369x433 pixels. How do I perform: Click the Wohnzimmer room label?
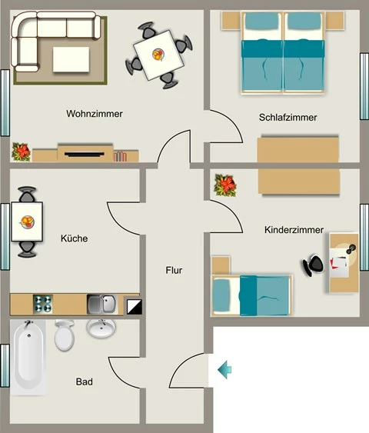point(95,114)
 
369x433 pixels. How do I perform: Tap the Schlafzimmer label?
point(288,118)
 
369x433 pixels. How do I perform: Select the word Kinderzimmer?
point(294,230)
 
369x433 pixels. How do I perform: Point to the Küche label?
point(75,238)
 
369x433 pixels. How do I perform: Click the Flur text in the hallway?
point(174,270)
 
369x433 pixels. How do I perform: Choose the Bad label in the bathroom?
point(84,381)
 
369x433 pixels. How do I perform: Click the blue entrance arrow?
point(224,370)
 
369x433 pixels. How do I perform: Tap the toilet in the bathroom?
point(65,335)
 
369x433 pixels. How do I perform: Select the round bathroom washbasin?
point(101,328)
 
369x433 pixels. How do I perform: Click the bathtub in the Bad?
point(28,358)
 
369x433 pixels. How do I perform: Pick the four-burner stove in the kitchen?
point(43,304)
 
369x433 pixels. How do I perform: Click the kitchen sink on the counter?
point(102,305)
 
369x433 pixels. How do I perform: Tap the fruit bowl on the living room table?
point(158,55)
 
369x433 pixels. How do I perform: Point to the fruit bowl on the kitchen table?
point(28,221)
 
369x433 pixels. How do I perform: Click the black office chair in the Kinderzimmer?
point(313,265)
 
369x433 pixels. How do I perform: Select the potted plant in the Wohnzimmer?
point(21,152)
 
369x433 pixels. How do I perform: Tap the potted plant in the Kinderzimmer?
point(225,185)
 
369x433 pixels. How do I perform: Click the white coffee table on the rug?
point(71,60)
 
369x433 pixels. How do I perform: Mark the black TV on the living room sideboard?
point(85,154)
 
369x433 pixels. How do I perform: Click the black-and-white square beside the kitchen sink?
point(134,307)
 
